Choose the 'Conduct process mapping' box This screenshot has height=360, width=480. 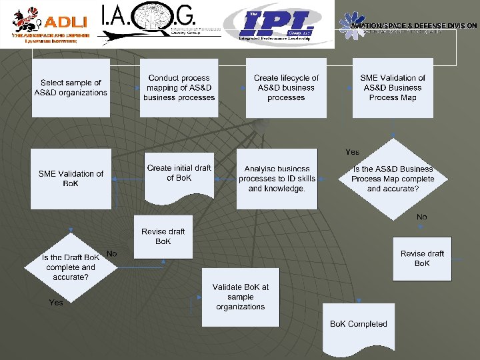[x=179, y=88]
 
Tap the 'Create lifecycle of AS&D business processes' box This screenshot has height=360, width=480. [x=286, y=88]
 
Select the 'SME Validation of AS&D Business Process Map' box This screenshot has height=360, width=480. [x=393, y=88]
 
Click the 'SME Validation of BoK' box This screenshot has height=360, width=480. [x=71, y=178]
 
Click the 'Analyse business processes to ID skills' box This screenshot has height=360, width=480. [x=277, y=179]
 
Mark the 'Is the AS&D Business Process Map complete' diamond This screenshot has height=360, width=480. [x=393, y=179]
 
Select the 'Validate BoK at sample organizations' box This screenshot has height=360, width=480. [x=241, y=297]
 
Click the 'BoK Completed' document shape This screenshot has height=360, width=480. [x=358, y=325]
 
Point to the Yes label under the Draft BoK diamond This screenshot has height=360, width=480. [x=56, y=303]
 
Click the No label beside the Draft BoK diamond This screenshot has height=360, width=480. [x=111, y=254]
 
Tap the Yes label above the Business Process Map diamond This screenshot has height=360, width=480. [x=352, y=152]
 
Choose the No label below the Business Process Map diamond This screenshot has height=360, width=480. [x=421, y=217]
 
